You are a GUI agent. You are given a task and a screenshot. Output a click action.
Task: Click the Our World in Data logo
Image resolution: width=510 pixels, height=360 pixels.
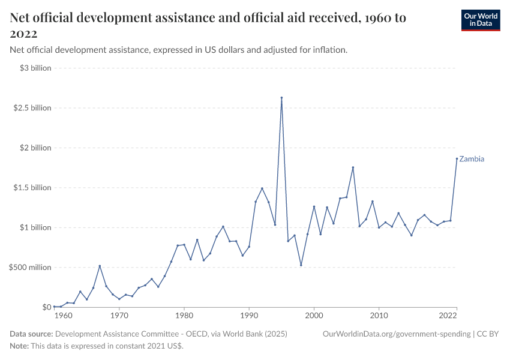480,20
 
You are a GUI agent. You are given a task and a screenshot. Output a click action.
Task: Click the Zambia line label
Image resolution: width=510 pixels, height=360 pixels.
472,159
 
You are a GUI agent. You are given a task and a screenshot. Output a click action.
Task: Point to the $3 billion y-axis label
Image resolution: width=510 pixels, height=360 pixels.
35,68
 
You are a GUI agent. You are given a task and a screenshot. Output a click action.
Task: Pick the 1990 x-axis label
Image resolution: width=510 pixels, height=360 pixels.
248,316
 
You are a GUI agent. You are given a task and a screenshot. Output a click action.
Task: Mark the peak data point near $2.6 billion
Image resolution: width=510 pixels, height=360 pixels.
281,98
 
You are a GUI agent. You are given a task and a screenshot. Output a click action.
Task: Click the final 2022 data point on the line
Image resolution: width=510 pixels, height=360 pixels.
457,158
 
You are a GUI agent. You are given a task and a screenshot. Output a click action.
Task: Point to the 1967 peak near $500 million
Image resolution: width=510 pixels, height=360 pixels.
100,266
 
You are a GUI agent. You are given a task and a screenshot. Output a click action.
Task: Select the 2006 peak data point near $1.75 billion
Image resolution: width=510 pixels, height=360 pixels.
353,167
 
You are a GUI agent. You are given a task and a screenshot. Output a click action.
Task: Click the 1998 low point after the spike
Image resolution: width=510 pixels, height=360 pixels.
301,265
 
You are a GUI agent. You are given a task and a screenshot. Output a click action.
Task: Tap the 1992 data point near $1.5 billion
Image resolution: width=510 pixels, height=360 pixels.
262,188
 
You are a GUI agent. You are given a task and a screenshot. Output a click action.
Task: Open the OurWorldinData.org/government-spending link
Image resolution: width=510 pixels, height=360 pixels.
395,334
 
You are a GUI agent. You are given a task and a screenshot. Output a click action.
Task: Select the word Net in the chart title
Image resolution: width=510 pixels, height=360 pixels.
22,18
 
